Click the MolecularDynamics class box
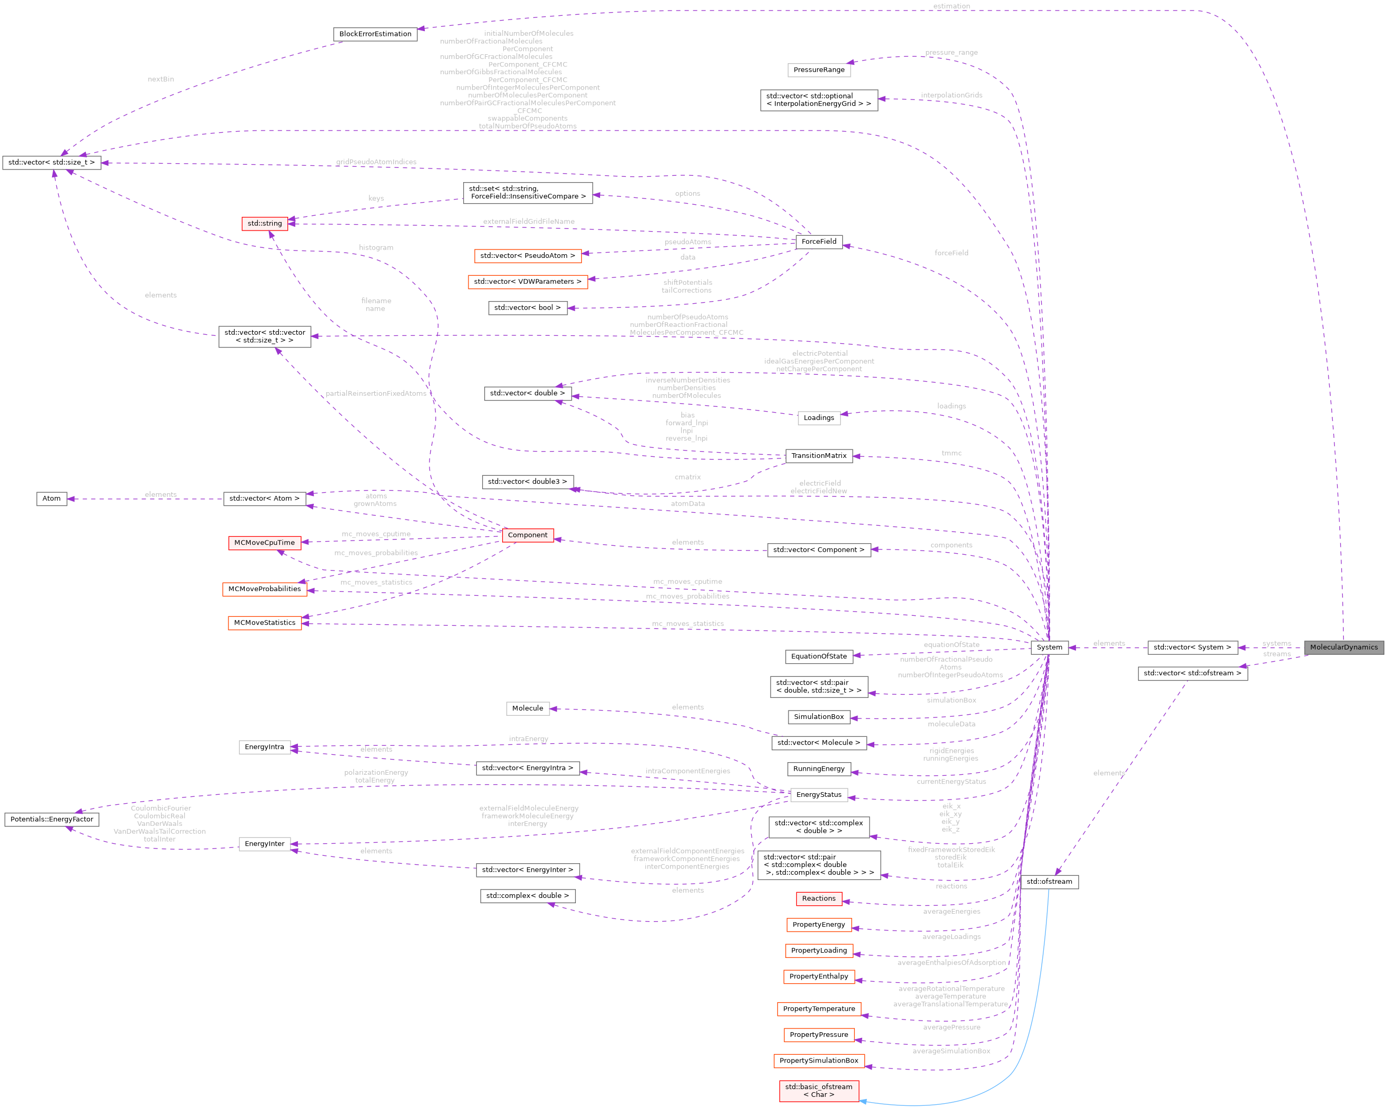click(x=1343, y=647)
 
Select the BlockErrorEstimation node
click(x=375, y=34)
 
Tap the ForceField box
click(x=819, y=241)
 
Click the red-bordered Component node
click(x=527, y=535)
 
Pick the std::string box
click(x=264, y=223)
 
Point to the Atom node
click(x=52, y=498)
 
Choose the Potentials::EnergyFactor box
click(x=52, y=819)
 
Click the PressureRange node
click(x=819, y=69)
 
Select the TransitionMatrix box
click(x=819, y=455)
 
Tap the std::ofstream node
click(x=1049, y=881)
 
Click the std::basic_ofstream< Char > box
click(x=819, y=1091)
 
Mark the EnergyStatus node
click(x=819, y=794)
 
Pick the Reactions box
click(x=819, y=898)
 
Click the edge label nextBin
click(x=161, y=79)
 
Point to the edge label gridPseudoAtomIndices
click(x=376, y=162)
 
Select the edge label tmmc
click(x=952, y=453)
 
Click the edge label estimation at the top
click(x=952, y=6)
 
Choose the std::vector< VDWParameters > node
click(x=527, y=281)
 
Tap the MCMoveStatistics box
click(x=264, y=623)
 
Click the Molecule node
click(x=527, y=708)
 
